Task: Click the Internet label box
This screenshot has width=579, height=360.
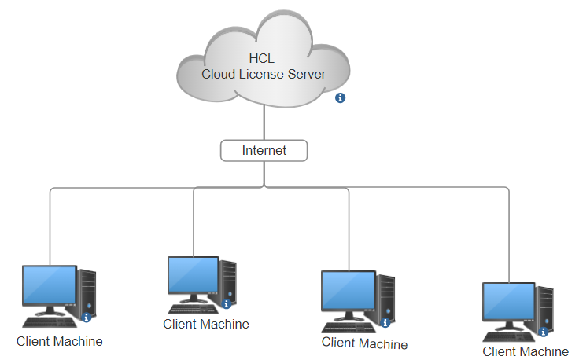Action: tap(264, 150)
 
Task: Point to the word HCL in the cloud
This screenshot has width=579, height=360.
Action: tap(263, 59)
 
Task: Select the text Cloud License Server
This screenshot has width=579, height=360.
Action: tap(264, 75)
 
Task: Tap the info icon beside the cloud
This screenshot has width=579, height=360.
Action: tap(341, 98)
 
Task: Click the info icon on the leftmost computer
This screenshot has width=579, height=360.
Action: tap(87, 318)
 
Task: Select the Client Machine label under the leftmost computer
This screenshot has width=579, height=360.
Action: tap(60, 341)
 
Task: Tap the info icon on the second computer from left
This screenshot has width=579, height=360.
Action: tap(227, 303)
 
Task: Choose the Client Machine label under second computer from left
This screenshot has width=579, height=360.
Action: tap(206, 324)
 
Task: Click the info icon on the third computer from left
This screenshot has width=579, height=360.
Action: tap(385, 322)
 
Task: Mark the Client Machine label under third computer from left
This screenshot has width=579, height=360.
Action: tap(365, 343)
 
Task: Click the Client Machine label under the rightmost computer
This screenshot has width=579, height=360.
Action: tap(526, 351)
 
